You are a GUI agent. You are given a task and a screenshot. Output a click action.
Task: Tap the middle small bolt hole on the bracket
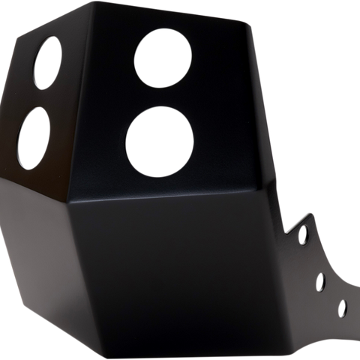pyautogui.click(x=321, y=281)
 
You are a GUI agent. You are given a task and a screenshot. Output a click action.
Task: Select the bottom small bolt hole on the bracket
pyautogui.click(x=343, y=307)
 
